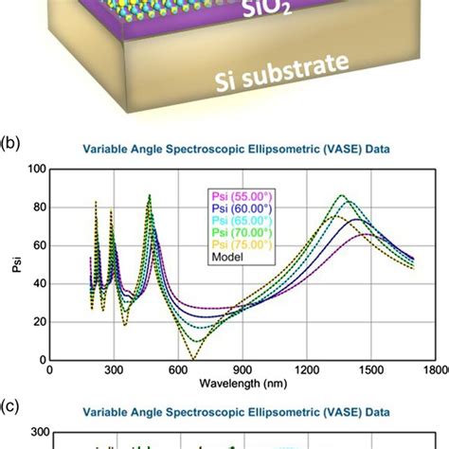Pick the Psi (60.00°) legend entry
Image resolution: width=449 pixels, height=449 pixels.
241,210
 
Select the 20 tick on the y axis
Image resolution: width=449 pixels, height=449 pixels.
39,322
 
